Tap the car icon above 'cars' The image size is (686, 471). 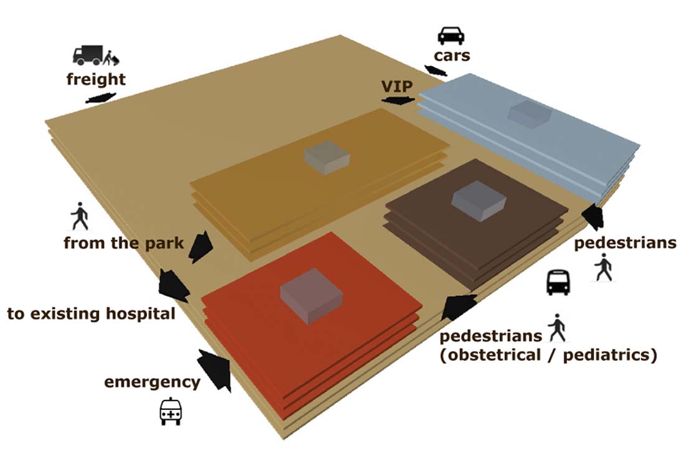[451, 35]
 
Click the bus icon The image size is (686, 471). [558, 283]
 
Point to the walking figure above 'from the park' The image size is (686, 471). [80, 217]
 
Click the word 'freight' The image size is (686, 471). [96, 79]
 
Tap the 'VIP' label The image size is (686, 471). [397, 86]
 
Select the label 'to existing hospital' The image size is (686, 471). [91, 313]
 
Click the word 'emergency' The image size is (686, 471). [152, 381]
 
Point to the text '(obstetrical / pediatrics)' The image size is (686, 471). [548, 356]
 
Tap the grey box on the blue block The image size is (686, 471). [529, 115]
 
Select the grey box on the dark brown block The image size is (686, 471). [477, 201]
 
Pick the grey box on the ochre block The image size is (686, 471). [327, 158]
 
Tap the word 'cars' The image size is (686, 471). [453, 56]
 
